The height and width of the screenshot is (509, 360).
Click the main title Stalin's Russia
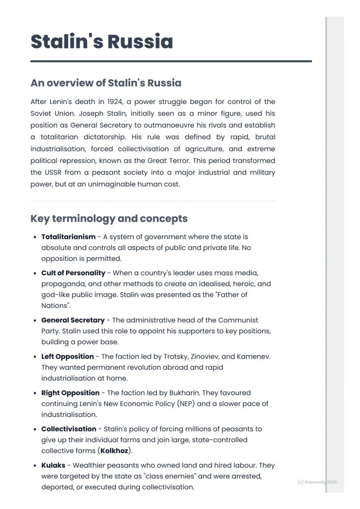pyautogui.click(x=102, y=42)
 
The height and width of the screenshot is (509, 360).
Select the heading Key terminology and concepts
pyautogui.click(x=109, y=218)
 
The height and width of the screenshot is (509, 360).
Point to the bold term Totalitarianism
pyautogui.click(x=68, y=237)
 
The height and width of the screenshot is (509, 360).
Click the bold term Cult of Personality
pyautogui.click(x=73, y=273)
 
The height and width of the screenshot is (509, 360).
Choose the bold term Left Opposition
pyautogui.click(x=67, y=356)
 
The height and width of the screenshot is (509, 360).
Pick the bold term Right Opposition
pyautogui.click(x=70, y=393)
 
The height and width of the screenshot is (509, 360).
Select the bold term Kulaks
pyautogui.click(x=53, y=465)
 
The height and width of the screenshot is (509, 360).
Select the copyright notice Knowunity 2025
pyautogui.click(x=317, y=482)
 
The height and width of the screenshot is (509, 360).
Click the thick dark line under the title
pyautogui.click(x=171, y=61)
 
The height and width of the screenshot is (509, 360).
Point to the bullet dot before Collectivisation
pyautogui.click(x=35, y=429)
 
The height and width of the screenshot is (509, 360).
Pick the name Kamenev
pyautogui.click(x=254, y=356)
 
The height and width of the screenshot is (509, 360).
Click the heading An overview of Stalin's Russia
pyautogui.click(x=106, y=83)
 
